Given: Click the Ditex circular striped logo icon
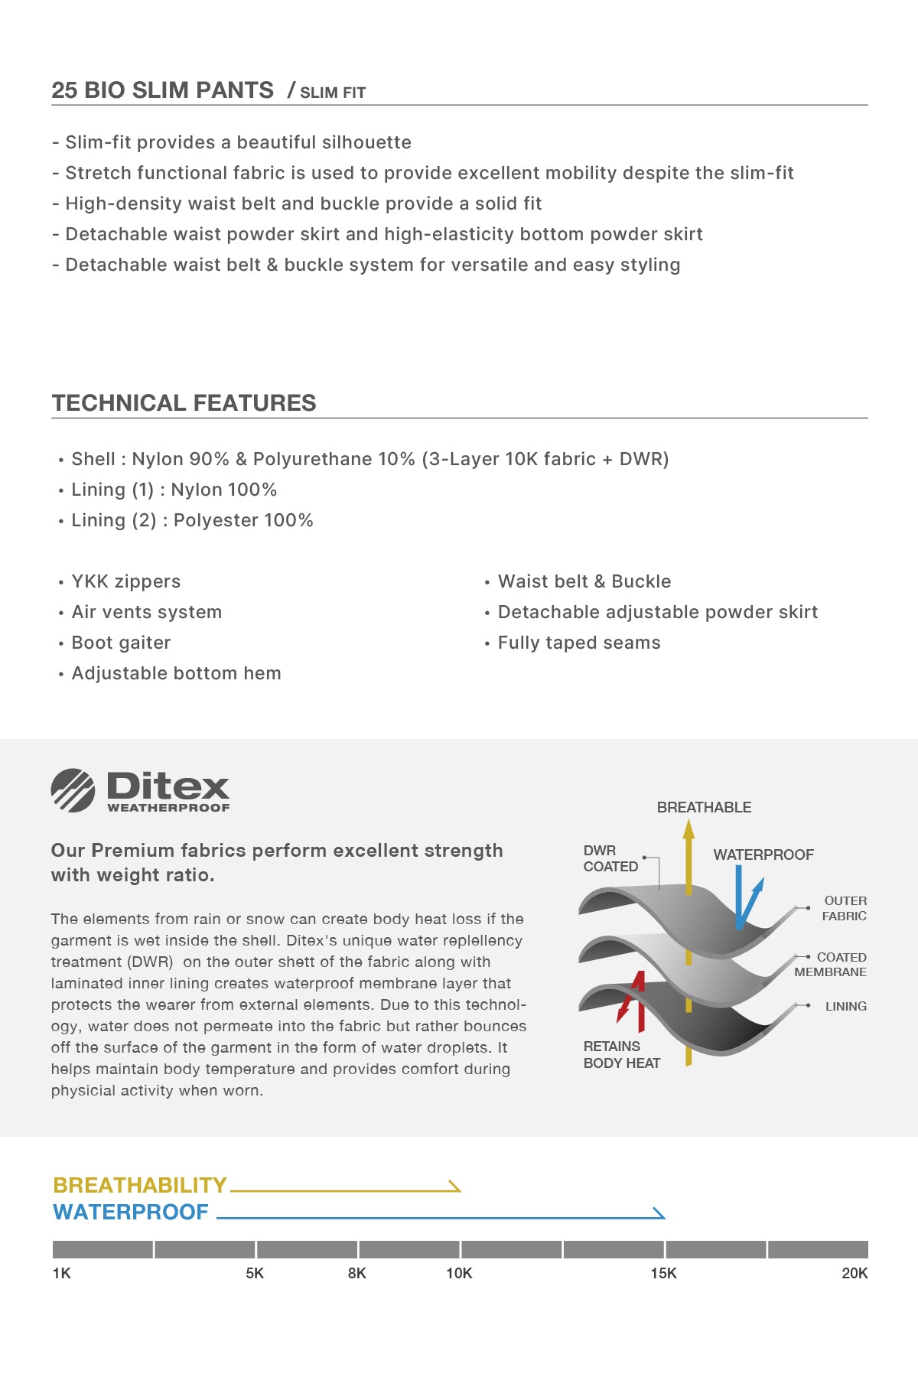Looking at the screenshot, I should [x=73, y=790].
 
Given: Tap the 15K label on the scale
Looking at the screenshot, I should [x=663, y=1273].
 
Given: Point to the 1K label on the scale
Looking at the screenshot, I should [x=61, y=1273].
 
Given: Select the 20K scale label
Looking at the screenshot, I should [x=855, y=1273].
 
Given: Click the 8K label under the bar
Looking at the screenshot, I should [x=357, y=1273].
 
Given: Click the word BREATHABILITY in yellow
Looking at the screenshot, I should [x=140, y=1185].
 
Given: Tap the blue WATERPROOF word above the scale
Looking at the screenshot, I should [x=131, y=1212].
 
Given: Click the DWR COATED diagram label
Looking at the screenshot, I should [x=610, y=858].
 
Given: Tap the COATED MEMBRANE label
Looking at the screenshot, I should [x=831, y=965].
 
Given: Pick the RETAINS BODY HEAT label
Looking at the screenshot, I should [x=621, y=1054].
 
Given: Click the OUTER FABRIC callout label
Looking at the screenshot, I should [x=845, y=908].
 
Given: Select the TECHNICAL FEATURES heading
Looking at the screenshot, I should [x=184, y=403].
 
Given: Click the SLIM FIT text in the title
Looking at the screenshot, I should [x=333, y=93].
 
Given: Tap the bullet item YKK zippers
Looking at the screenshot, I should [x=126, y=581].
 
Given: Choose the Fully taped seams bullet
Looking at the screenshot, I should [x=579, y=643].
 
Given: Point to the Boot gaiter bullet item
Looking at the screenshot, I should [x=121, y=643].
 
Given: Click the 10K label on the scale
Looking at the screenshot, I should [x=459, y=1273].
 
